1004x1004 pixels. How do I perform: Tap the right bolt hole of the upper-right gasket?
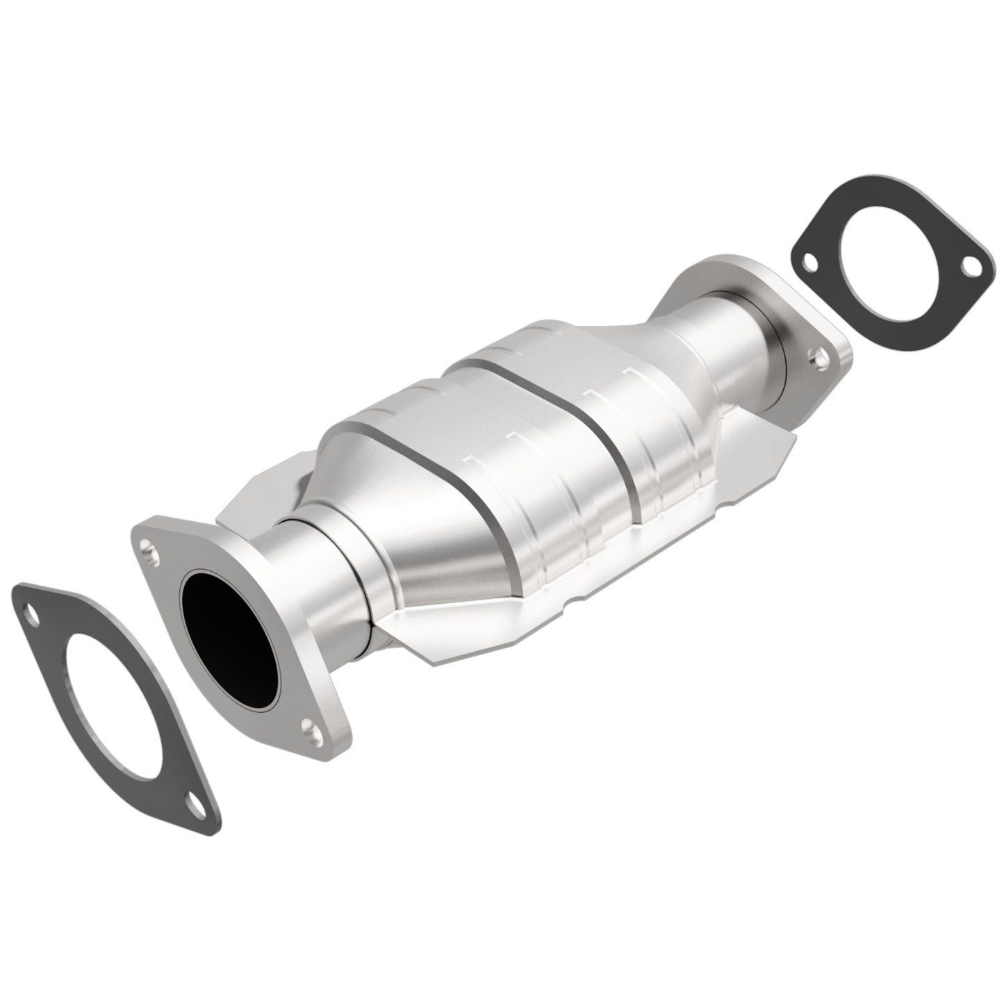973,265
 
